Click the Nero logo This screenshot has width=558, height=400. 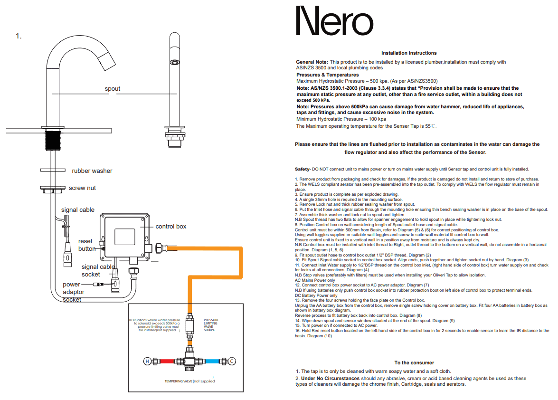[334, 21]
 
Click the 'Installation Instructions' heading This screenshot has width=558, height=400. [409, 53]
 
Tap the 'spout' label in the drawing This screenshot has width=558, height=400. [113, 89]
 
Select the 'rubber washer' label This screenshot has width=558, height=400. [92, 171]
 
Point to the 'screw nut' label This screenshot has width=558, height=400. [82, 188]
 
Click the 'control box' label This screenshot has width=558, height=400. [171, 227]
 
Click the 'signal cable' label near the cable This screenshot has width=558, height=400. [78, 210]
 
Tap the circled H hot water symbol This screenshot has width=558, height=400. [147, 361]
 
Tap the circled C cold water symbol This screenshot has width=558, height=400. [232, 361]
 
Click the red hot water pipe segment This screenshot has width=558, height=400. [167, 361]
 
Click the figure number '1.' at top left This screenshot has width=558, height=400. [19, 36]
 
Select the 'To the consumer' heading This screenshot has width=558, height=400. [414, 363]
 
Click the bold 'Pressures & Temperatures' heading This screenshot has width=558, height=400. [328, 75]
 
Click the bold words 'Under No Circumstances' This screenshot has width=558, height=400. [330, 379]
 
